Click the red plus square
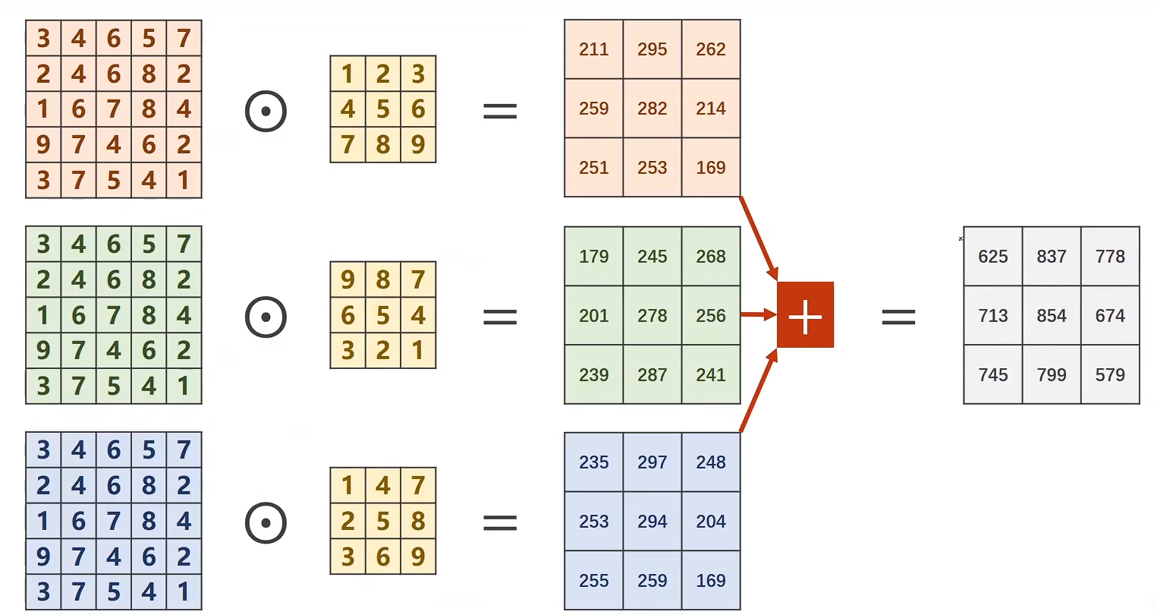(805, 315)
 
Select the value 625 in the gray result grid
(992, 257)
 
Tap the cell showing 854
(1052, 316)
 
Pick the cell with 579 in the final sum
(1110, 375)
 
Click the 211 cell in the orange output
(593, 49)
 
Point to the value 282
(652, 109)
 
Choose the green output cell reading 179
(593, 257)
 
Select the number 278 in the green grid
(652, 316)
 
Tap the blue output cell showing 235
(593, 462)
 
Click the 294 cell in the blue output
(652, 522)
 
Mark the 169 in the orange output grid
(711, 168)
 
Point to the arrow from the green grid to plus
(757, 314)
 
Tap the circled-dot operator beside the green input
(266, 317)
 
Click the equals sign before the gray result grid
(898, 316)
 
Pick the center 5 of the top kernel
(383, 109)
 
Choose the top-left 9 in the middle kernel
(347, 280)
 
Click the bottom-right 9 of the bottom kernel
(418, 557)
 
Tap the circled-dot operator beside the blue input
(266, 522)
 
